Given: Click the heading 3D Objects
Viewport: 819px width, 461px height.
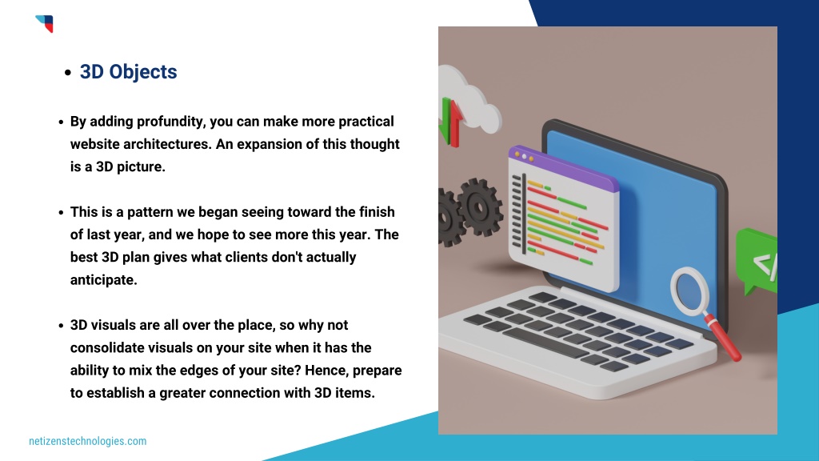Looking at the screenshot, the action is [x=128, y=71].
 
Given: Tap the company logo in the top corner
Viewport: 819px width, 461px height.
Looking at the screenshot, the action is [x=45, y=23].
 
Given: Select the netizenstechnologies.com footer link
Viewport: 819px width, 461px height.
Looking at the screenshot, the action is [x=88, y=441].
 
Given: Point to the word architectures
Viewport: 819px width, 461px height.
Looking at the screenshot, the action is [x=167, y=144].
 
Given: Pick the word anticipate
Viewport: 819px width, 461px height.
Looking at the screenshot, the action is [x=103, y=280].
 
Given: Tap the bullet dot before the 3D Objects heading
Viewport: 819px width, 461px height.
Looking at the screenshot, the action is [x=68, y=73].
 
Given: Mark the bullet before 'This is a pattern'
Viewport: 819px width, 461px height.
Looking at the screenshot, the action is [x=61, y=213].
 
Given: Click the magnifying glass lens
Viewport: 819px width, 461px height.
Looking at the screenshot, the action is [x=689, y=290].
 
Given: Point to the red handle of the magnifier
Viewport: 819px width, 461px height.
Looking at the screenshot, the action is [x=723, y=338].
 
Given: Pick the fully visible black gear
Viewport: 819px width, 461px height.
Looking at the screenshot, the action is [x=480, y=206].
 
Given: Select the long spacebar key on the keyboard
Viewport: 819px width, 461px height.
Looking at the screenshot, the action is [x=545, y=343].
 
